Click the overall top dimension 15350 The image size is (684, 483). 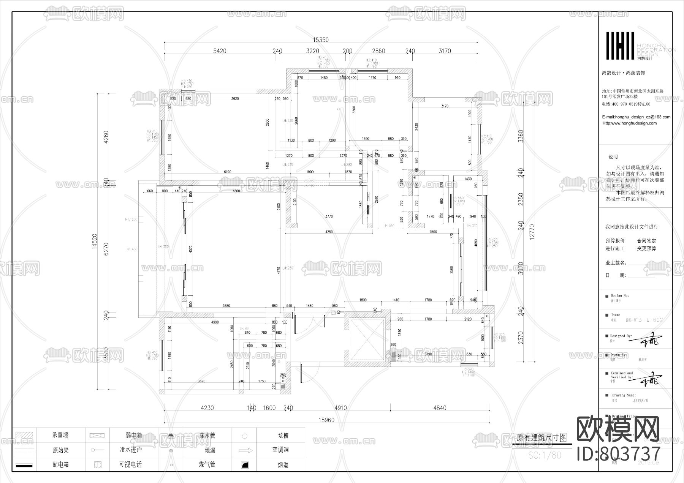tap(320, 40)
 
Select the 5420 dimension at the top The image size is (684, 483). tap(220, 51)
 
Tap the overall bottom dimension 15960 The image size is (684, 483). tap(326, 420)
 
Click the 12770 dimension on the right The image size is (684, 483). tap(532, 232)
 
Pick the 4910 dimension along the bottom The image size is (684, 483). tap(340, 408)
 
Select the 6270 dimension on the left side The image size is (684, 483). tap(106, 249)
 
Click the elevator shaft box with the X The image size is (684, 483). tap(367, 340)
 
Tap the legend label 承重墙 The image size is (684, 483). tap(60, 435)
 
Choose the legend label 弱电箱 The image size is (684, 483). tap(133, 435)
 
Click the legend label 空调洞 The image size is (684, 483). tap(280, 450)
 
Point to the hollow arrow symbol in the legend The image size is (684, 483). tap(245, 450)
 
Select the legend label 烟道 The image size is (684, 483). tap(283, 465)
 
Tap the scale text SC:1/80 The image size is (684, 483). tap(545, 455)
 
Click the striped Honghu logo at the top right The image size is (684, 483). tap(620, 46)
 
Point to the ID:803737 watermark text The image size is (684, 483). tap(619, 454)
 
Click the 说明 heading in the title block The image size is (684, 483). tap(613, 157)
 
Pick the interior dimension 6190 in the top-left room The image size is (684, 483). tap(227, 172)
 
